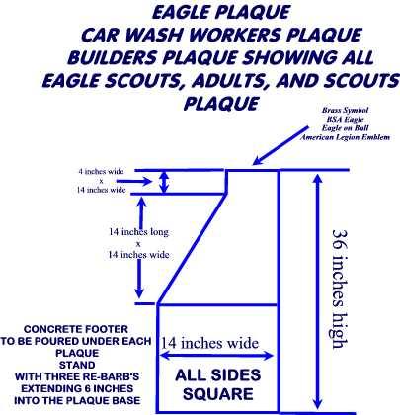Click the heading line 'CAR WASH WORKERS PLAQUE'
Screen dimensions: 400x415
pyautogui.click(x=221, y=35)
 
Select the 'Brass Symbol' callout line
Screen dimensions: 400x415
pyautogui.click(x=345, y=110)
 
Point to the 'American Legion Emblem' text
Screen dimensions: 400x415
pyautogui.click(x=345, y=137)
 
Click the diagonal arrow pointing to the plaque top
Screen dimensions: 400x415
pyautogui.click(x=280, y=145)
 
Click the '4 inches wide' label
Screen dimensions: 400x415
pyautogui.click(x=101, y=171)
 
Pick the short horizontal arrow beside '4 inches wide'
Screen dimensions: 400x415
pyautogui.click(x=134, y=181)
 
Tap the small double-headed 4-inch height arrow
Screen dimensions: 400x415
pyautogui.click(x=164, y=182)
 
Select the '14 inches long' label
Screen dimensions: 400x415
pyautogui.click(x=138, y=232)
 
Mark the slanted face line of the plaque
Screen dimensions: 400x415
pyautogui.click(x=192, y=249)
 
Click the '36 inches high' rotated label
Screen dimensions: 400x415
pyautogui.click(x=339, y=289)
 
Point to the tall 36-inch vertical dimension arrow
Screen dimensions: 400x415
pyautogui.click(x=317, y=291)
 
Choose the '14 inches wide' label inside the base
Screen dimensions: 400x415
pyautogui.click(x=209, y=343)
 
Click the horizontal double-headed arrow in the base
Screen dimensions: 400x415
pyautogui.click(x=216, y=356)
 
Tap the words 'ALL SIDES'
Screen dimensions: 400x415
pyautogui.click(x=218, y=375)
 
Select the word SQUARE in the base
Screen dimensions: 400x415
pyautogui.click(x=218, y=394)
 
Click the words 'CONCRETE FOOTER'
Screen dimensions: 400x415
pyautogui.click(x=76, y=329)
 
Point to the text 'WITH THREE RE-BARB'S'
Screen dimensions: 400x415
pyautogui.click(x=77, y=376)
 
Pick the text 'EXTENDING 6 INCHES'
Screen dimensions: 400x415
pyautogui.click(x=77, y=388)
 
